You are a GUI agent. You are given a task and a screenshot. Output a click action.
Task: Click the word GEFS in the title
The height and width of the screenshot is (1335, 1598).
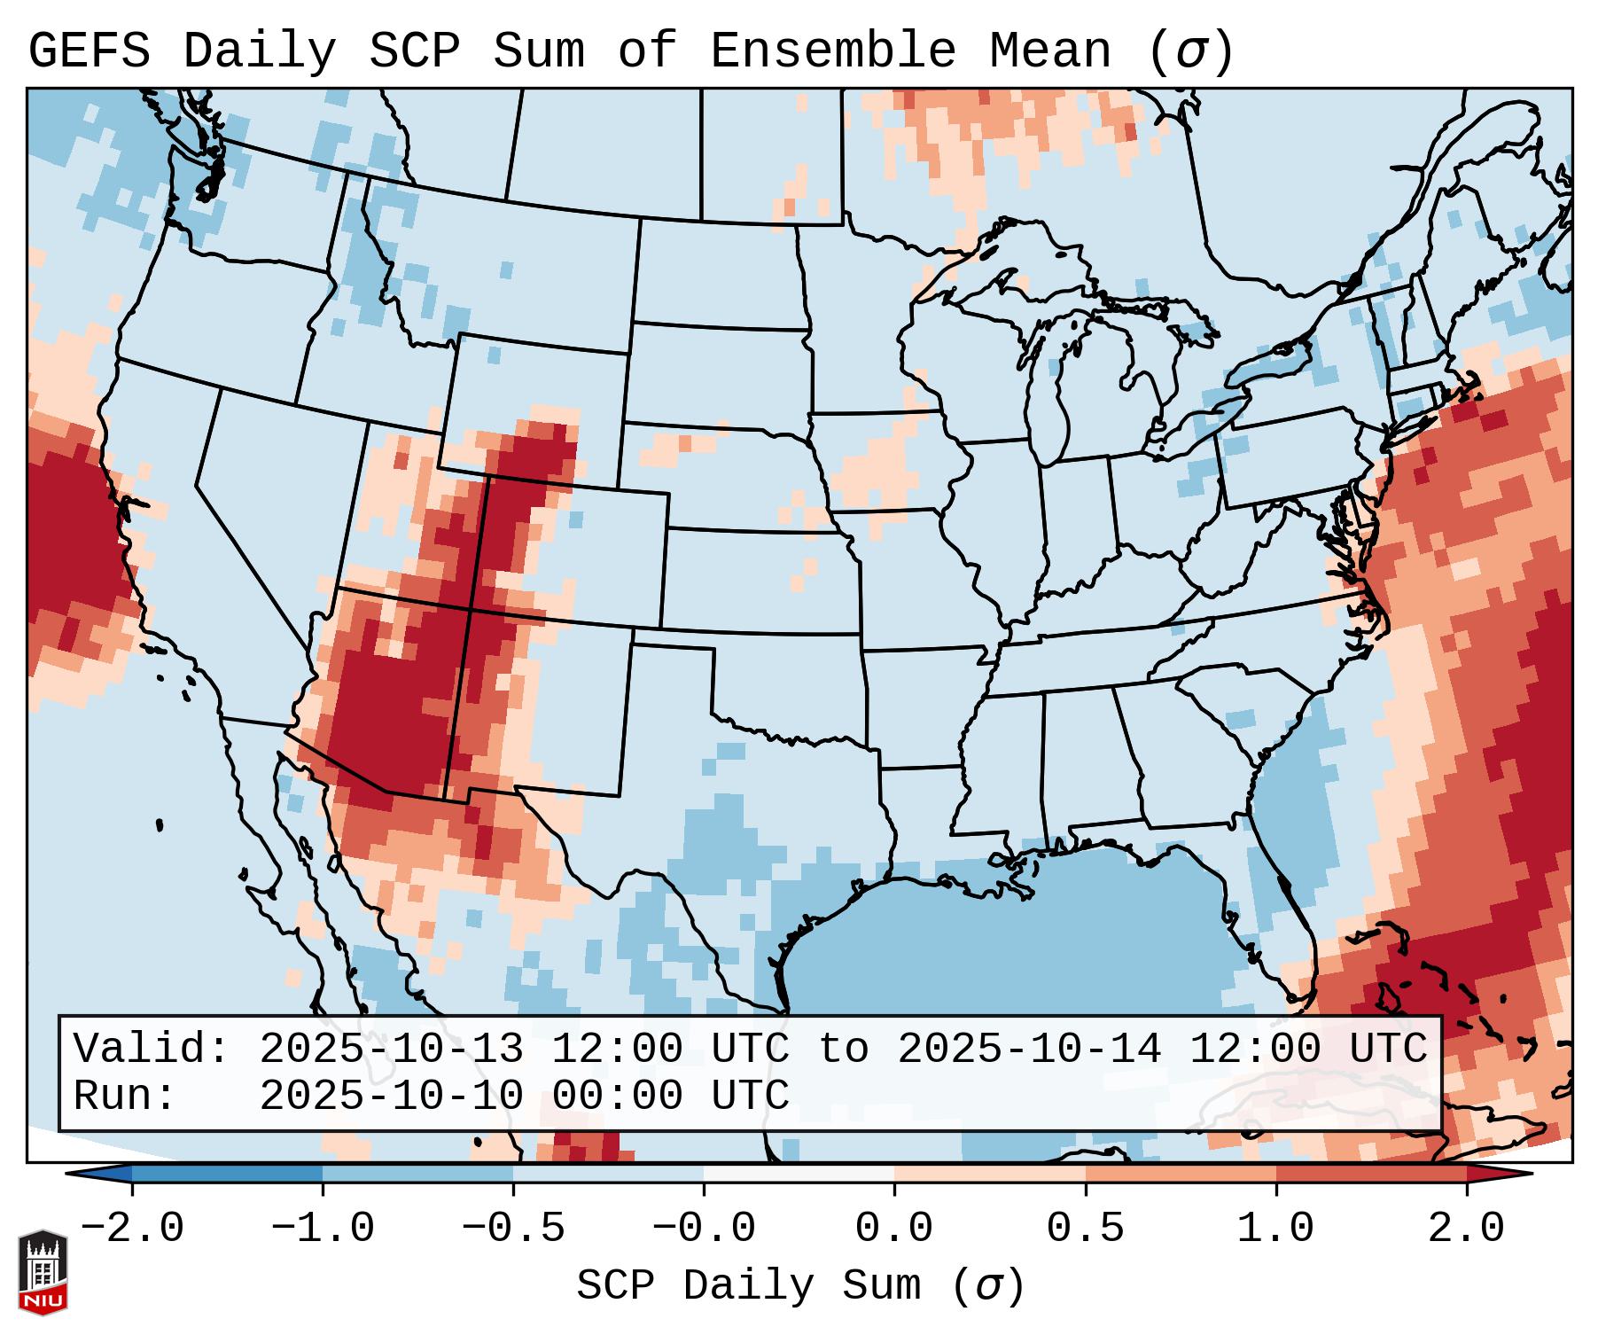[x=89, y=51]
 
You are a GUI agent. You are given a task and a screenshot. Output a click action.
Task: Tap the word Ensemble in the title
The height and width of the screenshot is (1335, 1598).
[x=832, y=51]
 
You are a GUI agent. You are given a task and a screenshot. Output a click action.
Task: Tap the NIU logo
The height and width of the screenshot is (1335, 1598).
[x=43, y=1272]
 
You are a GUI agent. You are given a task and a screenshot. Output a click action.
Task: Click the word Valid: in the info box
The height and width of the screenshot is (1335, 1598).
[x=152, y=1049]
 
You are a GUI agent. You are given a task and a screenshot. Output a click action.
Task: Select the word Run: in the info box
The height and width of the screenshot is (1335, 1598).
[x=125, y=1097]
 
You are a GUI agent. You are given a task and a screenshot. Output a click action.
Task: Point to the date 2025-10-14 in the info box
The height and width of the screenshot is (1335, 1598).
[x=1029, y=1049]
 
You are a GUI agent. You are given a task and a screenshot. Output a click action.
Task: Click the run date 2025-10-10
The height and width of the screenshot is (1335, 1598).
[x=391, y=1097]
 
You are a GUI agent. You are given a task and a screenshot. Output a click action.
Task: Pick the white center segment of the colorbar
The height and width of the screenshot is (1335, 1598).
[x=799, y=1174]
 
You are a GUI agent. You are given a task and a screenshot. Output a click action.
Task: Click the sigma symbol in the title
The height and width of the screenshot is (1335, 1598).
[x=1190, y=51]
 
